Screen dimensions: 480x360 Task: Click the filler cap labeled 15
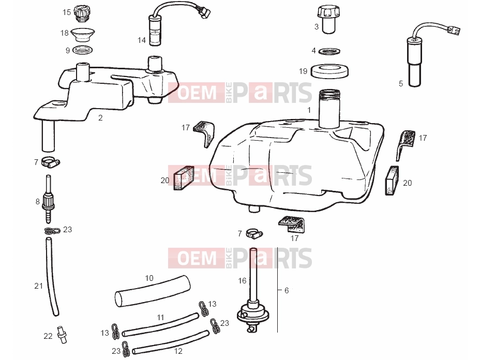click(x=82, y=13)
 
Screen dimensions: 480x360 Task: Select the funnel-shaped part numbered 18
click(x=82, y=34)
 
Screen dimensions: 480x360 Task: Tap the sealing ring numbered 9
click(x=82, y=50)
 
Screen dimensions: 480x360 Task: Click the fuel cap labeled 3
click(x=329, y=19)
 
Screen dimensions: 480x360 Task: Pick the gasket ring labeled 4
click(x=329, y=51)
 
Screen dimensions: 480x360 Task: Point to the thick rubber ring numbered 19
click(x=329, y=71)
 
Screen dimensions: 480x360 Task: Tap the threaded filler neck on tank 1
click(x=329, y=108)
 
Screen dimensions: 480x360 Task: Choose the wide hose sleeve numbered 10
click(x=152, y=291)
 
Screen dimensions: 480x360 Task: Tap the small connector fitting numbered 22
click(x=62, y=335)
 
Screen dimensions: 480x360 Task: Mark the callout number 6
click(x=287, y=291)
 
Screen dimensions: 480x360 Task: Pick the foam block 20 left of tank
click(x=184, y=178)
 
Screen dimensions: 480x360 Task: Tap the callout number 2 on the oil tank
click(x=100, y=118)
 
